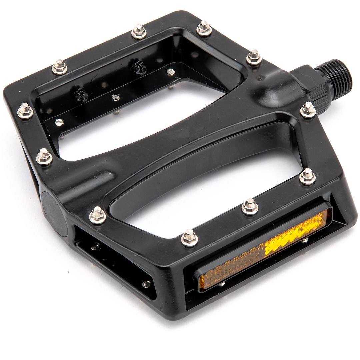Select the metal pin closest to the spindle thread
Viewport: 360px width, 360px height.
pyautogui.click(x=308, y=110)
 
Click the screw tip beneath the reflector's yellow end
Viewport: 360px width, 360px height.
pyautogui.click(x=305, y=240)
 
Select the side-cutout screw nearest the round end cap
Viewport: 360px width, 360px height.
pyautogui.click(x=96, y=246)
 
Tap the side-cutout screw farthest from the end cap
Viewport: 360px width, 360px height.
pyautogui.click(x=146, y=284)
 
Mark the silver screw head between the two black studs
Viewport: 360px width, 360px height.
pyautogui.click(x=116, y=97)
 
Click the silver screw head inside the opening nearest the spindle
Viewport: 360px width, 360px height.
pyautogui.click(x=171, y=72)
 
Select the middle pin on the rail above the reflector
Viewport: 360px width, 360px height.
pyautogui.click(x=250, y=207)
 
